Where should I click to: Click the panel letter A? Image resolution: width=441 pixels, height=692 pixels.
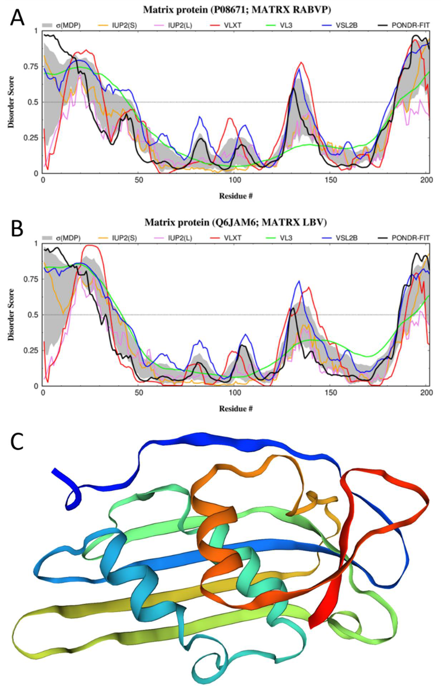[17, 19]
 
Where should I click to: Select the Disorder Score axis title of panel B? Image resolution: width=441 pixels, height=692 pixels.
[11, 315]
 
